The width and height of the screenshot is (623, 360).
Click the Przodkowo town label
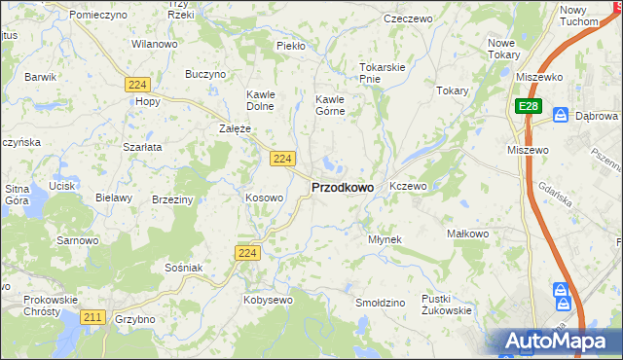point(342,187)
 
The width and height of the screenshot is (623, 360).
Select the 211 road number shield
point(93,317)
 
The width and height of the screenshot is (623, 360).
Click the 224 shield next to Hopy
point(136,86)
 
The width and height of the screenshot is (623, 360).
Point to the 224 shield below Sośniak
point(247,253)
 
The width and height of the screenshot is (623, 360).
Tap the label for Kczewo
point(408,186)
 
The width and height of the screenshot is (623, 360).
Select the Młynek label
point(385,239)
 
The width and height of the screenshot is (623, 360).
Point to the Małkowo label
point(466,234)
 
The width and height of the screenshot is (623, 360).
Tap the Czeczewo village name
point(408,18)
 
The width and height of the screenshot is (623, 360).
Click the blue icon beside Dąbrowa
point(561,115)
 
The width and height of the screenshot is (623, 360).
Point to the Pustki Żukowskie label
point(447,305)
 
